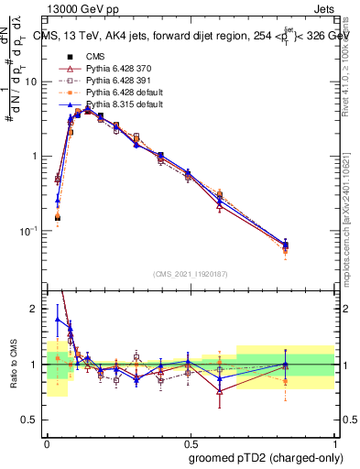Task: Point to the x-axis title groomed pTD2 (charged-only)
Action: [x=265, y=457]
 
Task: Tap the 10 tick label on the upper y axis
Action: [x=31, y=82]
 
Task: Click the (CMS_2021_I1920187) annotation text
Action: [x=190, y=274]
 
